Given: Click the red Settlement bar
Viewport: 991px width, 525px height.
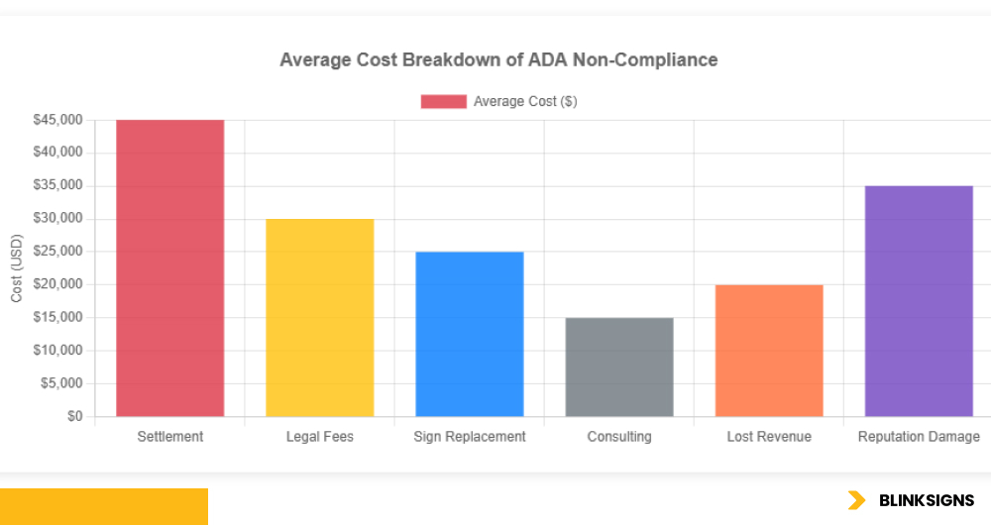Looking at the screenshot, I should click(x=169, y=267).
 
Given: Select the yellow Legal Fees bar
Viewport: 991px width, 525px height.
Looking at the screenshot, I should click(x=319, y=317).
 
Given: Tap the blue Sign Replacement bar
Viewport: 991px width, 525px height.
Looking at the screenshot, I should click(x=469, y=334).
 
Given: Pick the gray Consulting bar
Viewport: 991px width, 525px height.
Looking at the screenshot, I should click(x=619, y=367).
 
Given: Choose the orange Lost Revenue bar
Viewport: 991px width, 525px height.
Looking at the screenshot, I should click(x=769, y=350).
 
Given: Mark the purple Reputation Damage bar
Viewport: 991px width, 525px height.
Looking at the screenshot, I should click(x=919, y=300).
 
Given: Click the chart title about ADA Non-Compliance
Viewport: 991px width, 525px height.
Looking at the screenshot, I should click(x=498, y=60).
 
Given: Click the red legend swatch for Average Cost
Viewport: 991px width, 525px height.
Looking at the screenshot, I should click(x=443, y=101).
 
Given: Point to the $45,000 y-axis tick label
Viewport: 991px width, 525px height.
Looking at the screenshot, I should click(x=57, y=120).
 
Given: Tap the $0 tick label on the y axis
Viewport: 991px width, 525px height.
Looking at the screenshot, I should click(x=74, y=416).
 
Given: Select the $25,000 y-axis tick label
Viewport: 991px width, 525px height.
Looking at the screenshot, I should click(x=57, y=252).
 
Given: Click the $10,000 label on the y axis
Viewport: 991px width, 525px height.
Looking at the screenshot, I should click(x=57, y=351).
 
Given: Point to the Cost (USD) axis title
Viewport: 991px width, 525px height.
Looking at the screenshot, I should click(x=17, y=268).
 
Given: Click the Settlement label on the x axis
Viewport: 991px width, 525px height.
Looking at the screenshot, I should click(x=169, y=437).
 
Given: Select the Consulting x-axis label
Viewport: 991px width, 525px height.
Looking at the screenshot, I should click(x=619, y=437).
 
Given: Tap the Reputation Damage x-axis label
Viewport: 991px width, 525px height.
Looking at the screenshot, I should click(x=919, y=437).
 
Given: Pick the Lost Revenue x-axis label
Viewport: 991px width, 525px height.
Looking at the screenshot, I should click(x=769, y=437).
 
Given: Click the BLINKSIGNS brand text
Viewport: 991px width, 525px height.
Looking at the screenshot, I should click(x=927, y=500).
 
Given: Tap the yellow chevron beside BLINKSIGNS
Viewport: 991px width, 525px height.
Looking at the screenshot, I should click(x=856, y=500).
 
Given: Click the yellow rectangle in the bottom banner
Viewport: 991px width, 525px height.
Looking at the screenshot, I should click(x=104, y=506).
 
